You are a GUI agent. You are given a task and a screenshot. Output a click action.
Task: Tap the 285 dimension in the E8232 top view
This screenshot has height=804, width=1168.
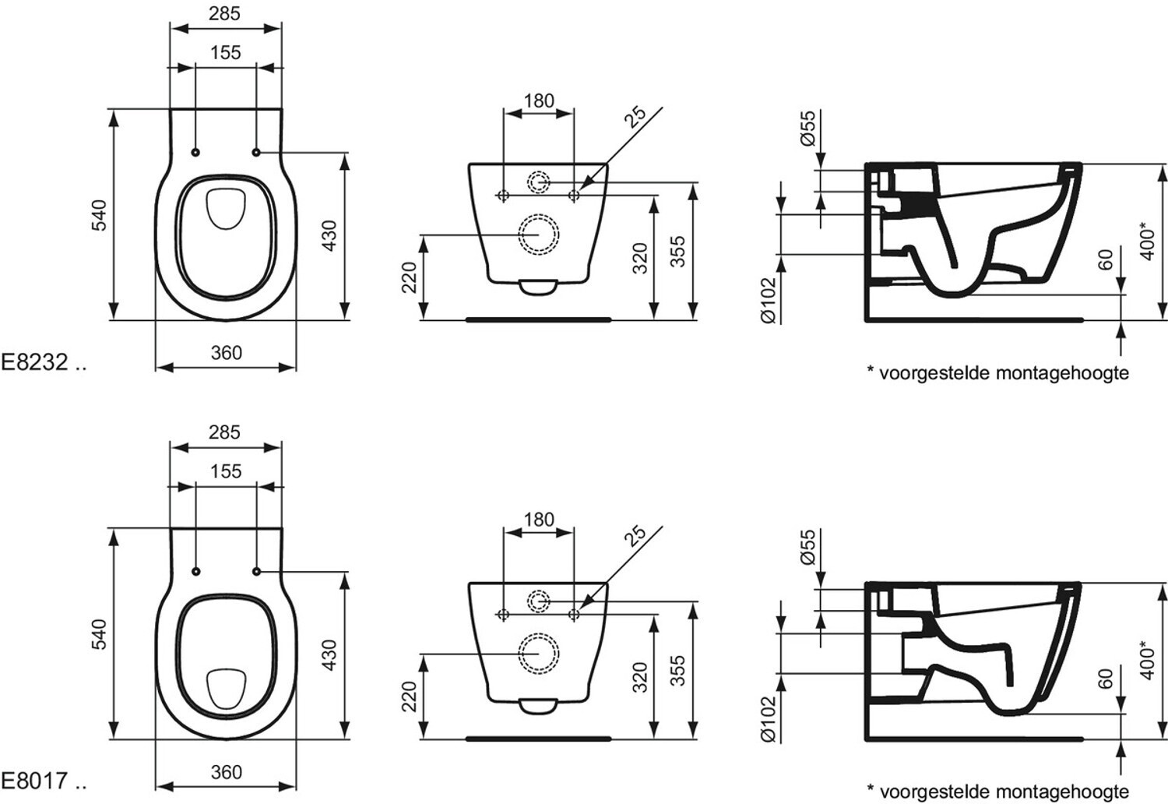click(x=225, y=13)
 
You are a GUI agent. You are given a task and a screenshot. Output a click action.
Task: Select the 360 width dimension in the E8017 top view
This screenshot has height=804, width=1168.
click(x=226, y=771)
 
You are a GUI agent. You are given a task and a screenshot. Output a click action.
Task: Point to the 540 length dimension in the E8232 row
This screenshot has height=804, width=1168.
click(x=99, y=215)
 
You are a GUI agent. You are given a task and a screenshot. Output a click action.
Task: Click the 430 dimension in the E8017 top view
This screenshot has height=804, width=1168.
click(x=329, y=654)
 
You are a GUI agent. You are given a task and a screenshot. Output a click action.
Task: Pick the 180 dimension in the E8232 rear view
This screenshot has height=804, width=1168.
click(x=539, y=100)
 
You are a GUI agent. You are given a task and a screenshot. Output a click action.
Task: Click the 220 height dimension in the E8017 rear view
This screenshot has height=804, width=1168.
click(x=410, y=696)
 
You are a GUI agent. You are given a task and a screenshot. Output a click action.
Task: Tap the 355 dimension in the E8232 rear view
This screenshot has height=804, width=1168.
click(x=678, y=252)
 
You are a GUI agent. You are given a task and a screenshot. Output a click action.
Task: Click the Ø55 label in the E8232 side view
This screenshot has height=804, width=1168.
click(x=807, y=128)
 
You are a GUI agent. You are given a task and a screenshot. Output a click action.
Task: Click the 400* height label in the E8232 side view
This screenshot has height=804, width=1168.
click(x=1147, y=241)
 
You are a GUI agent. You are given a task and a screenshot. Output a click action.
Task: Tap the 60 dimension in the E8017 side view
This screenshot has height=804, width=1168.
click(x=1106, y=679)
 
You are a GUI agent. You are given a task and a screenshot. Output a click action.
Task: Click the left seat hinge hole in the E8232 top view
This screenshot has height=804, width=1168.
click(x=195, y=152)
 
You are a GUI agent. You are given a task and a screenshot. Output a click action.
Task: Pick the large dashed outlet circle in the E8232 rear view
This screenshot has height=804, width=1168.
click(x=539, y=233)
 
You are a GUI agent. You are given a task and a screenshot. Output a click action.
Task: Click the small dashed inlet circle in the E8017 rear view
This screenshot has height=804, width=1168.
click(x=539, y=601)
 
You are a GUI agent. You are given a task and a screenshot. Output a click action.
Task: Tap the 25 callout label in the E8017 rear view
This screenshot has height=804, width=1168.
click(x=636, y=535)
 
